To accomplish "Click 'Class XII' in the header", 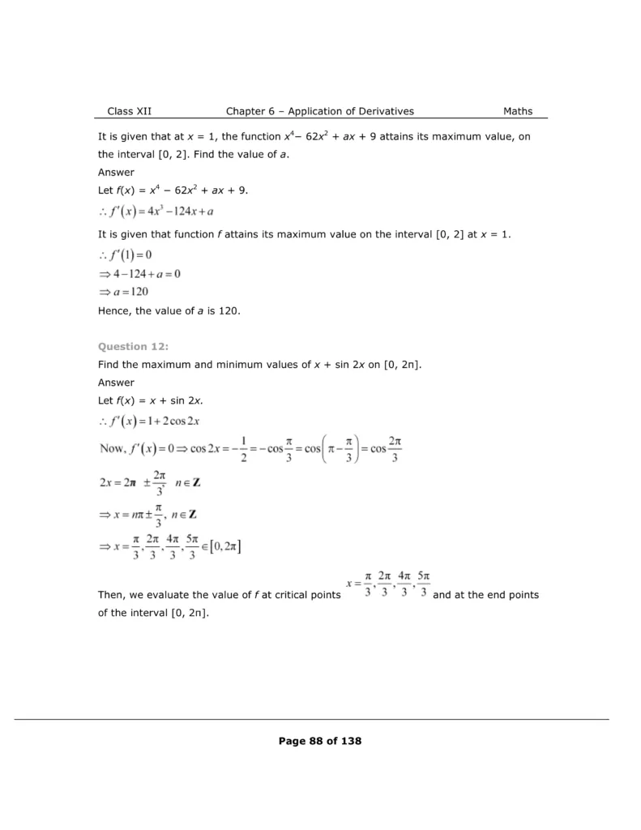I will coord(129,111).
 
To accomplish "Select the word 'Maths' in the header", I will coord(518,111).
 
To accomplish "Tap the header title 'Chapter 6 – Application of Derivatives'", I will coord(319,111).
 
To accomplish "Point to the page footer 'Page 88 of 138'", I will coord(319,740).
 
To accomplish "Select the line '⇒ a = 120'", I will coord(123,292).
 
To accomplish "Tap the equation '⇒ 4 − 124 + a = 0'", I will coord(139,274).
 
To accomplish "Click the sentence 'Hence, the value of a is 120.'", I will coord(169,310).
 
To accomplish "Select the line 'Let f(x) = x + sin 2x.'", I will coord(150,400).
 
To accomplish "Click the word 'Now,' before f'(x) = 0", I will coord(111,448).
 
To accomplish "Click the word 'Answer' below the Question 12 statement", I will coord(116,383).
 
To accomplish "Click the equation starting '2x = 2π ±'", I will coord(149,483).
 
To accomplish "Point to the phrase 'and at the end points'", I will coord(486,595).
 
